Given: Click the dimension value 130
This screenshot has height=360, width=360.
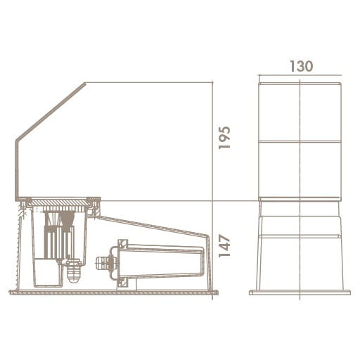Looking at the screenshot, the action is click(x=302, y=66).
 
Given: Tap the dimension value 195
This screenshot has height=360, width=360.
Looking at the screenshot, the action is click(x=224, y=138).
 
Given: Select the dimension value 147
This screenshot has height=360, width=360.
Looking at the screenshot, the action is click(x=224, y=245).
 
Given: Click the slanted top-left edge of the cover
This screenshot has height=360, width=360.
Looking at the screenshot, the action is click(x=51, y=111).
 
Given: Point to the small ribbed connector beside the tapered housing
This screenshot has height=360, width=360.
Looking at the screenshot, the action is click(x=103, y=263).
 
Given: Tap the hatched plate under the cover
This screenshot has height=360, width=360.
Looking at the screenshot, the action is click(x=58, y=202).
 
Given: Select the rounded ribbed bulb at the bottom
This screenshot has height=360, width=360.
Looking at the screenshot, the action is click(x=74, y=273).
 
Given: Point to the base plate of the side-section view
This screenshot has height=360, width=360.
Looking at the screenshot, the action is click(x=114, y=292).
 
